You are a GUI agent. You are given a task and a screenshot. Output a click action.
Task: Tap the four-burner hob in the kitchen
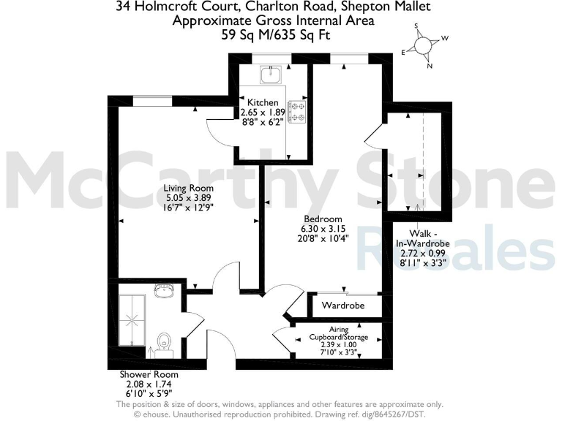pos(298,111)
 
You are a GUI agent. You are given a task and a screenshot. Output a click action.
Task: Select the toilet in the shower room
pos(164,341)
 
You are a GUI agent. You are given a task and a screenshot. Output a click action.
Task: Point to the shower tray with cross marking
pos(133,319)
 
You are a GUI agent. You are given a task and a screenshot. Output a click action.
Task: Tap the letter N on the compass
pos(430,66)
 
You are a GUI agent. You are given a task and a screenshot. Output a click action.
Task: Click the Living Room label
pos(183,188)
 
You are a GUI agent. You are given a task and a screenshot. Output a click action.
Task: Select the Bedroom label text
pos(323,219)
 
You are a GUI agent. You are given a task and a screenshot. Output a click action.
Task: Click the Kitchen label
pos(262,102)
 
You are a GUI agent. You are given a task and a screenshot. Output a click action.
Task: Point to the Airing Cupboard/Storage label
pos(337,333)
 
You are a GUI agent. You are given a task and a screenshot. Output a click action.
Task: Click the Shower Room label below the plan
pos(149,374)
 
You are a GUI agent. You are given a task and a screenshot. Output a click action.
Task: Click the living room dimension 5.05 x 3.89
pos(183,197)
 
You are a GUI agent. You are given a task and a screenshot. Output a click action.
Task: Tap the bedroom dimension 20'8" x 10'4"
pos(323,238)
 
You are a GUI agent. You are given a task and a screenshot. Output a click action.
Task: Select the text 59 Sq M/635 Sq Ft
pos(273,34)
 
